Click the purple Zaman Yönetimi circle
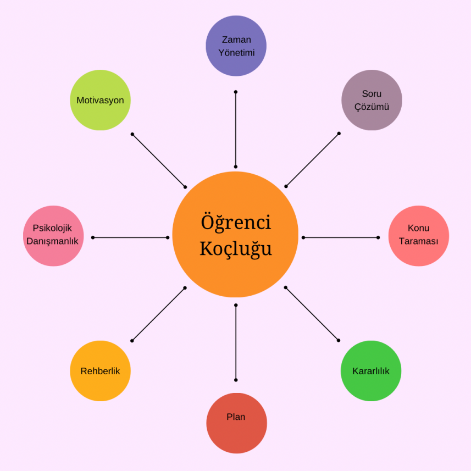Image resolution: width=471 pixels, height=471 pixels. click(236, 46)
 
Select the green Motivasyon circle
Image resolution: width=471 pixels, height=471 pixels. click(100, 100)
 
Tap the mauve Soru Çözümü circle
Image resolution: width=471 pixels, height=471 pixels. click(372, 100)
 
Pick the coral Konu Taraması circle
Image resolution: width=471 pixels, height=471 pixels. click(419, 236)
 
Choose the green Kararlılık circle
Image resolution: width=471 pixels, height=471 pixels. click(371, 371)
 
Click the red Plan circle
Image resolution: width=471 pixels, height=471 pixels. click(236, 423)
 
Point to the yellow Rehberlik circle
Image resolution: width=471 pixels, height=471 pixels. click(100, 371)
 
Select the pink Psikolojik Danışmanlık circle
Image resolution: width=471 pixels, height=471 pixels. click(53, 236)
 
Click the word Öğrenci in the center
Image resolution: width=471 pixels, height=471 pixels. click(236, 223)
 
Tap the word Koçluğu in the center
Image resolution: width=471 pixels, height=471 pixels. click(236, 248)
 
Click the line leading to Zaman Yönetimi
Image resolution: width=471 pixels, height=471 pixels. click(236, 129)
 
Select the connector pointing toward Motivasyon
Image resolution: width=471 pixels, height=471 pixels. click(159, 160)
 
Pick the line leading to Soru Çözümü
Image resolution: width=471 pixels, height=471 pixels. click(312, 160)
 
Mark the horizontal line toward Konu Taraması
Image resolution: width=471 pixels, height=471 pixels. click(341, 237)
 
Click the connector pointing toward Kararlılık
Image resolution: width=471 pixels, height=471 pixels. click(312, 314)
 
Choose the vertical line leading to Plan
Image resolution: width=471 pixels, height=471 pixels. click(236, 342)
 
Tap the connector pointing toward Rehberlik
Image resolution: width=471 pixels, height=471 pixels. click(159, 314)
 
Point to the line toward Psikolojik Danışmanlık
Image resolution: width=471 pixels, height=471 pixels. click(131, 237)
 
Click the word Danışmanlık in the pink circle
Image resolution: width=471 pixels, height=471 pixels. click(53, 241)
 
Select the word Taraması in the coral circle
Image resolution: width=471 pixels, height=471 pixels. click(419, 241)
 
